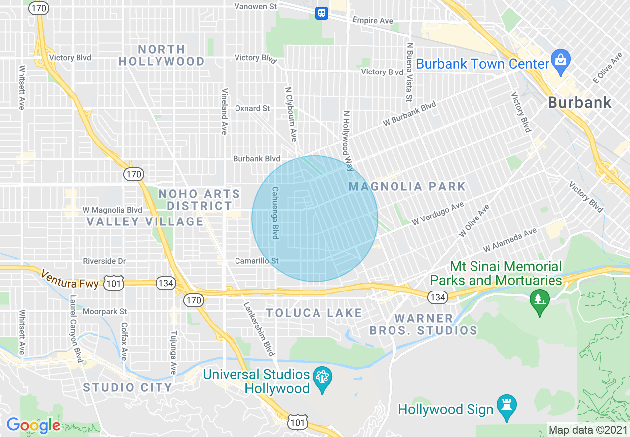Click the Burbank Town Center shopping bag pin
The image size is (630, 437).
pyautogui.click(x=561, y=62)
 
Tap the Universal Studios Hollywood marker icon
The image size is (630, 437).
pyautogui.click(x=322, y=380)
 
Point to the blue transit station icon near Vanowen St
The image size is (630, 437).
pyautogui.click(x=322, y=13)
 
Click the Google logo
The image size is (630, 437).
pyautogui.click(x=33, y=425)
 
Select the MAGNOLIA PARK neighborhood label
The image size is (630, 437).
pyautogui.click(x=407, y=187)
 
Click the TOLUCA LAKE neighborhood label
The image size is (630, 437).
pyautogui.click(x=314, y=313)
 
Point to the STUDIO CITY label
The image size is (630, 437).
pyautogui.click(x=128, y=387)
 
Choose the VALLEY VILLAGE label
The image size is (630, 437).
pyautogui.click(x=145, y=221)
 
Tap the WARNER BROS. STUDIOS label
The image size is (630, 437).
pyautogui.click(x=423, y=324)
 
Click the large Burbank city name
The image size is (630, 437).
pyautogui.click(x=579, y=103)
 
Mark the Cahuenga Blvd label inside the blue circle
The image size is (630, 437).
pyautogui.click(x=274, y=213)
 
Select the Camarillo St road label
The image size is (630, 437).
pyautogui.click(x=257, y=261)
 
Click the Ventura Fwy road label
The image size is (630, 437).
pyautogui.click(x=70, y=280)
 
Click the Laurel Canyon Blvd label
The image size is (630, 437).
pyautogui.click(x=75, y=329)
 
